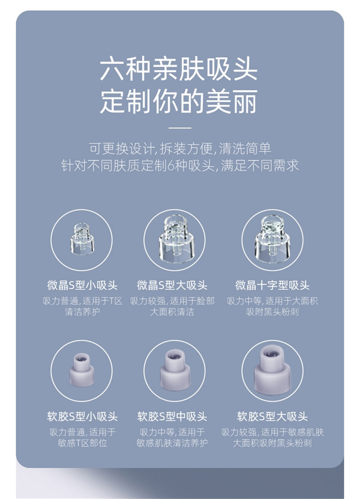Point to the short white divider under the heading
pos(180,127)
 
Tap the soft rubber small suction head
pos(82,370)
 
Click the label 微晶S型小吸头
pos(82,285)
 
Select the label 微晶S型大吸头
pos(172,285)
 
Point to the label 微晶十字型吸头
pos(272,285)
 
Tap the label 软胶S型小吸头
pos(82,416)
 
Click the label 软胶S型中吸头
pos(172,416)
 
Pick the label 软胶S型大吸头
pos(272,416)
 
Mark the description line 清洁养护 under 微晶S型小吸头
pos(82,312)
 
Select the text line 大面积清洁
pos(172,312)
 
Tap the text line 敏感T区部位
pos(82,443)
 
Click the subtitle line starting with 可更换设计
pos(180,149)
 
